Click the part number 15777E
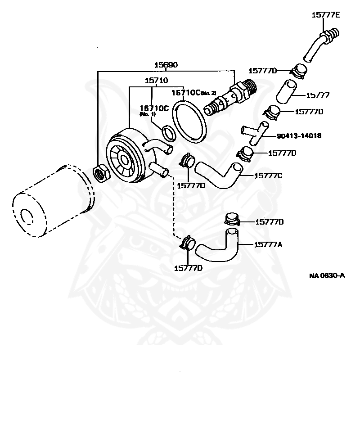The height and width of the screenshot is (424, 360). (x=326, y=15)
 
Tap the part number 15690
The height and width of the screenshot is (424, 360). (x=166, y=65)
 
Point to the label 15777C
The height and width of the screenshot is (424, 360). (x=268, y=176)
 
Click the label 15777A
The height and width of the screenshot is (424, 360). (x=268, y=244)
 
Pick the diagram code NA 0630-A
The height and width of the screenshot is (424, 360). (x=327, y=275)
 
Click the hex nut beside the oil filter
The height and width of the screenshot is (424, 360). (x=100, y=172)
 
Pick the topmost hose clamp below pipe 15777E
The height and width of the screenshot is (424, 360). (x=298, y=71)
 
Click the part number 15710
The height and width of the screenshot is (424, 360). (x=156, y=81)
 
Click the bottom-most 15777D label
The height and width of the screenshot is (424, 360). (x=188, y=268)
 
